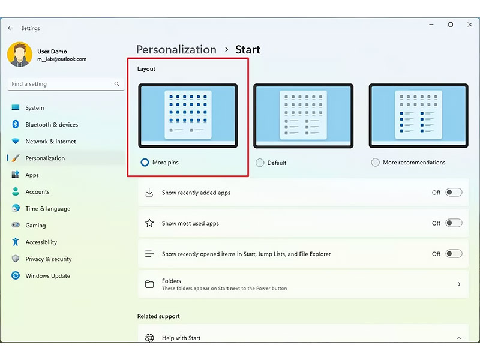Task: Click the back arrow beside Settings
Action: (x=10, y=28)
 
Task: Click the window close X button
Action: (x=470, y=25)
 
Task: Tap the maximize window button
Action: (x=451, y=25)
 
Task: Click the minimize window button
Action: (x=431, y=25)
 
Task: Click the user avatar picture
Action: (x=20, y=55)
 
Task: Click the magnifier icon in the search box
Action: (x=116, y=83)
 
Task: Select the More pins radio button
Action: (x=145, y=162)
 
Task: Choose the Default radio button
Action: (x=260, y=163)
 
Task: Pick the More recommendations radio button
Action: (x=376, y=162)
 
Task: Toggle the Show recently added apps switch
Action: (x=454, y=192)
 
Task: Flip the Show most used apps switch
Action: (x=454, y=223)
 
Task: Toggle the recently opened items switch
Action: (x=454, y=253)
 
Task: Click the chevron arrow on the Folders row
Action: (x=459, y=284)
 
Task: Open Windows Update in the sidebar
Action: (x=48, y=275)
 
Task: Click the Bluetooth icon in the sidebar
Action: (x=16, y=124)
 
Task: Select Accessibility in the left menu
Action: (x=41, y=242)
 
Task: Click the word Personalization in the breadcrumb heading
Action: (x=176, y=50)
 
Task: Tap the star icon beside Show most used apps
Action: (x=149, y=223)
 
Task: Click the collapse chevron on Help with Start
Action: (x=459, y=338)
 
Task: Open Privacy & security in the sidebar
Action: (x=49, y=259)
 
